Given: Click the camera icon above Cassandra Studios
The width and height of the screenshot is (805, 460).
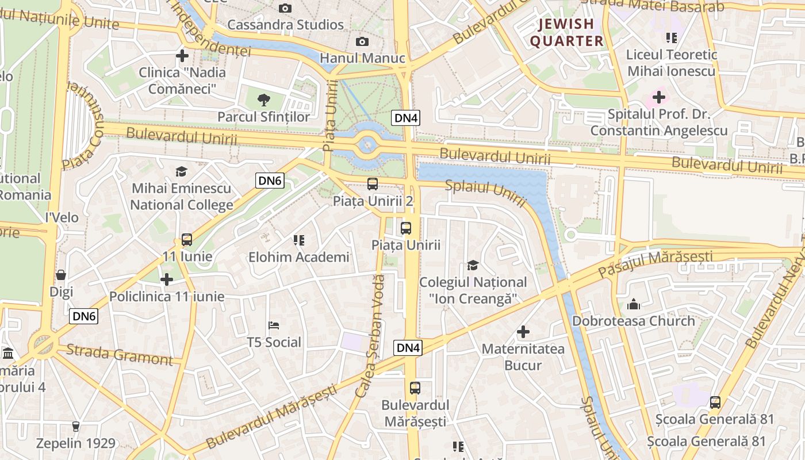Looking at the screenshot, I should [285, 8].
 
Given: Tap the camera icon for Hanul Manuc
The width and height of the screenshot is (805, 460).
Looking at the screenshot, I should [362, 41].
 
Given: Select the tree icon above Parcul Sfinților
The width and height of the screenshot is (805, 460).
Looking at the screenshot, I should [264, 100].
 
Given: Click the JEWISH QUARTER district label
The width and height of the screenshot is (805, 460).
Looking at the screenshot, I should [566, 32].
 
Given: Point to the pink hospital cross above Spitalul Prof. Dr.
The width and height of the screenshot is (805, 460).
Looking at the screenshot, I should [658, 97].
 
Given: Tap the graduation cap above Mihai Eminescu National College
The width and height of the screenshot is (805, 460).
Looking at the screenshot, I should [182, 171].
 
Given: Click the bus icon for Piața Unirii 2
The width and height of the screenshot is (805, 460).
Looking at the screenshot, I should [373, 184].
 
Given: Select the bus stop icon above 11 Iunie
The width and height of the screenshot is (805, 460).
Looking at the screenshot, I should [187, 239].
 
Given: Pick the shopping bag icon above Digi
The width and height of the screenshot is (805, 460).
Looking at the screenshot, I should [61, 275].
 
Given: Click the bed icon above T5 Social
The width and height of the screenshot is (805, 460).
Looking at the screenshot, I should [274, 325].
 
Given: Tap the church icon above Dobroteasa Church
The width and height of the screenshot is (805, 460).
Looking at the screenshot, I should [634, 304].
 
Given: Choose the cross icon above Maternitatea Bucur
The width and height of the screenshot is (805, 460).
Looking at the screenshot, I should [523, 332].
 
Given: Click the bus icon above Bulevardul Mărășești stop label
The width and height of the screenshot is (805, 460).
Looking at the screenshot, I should [415, 388].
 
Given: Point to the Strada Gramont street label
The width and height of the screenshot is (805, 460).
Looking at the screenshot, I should [119, 354].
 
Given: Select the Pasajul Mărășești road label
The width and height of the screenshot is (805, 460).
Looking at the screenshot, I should [655, 264].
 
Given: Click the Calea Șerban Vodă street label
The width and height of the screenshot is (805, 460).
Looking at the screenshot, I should [370, 336].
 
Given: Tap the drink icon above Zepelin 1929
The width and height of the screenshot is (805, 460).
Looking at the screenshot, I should [75, 426].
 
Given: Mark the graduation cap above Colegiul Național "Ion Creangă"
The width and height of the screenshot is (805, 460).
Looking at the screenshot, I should [473, 265].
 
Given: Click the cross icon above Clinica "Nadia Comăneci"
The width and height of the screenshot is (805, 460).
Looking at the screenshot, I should [182, 56].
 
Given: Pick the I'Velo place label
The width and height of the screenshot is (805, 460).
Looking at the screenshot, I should [62, 218].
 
